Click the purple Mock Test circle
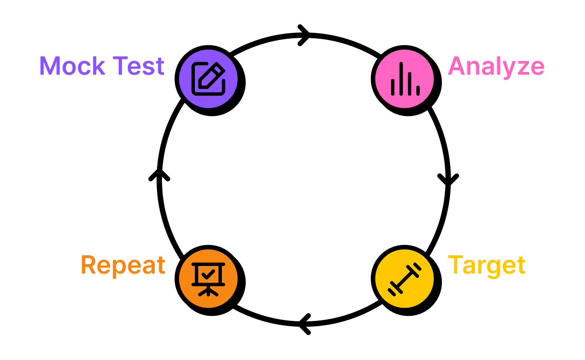point(208,78)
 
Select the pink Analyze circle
point(405,78)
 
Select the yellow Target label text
point(486,266)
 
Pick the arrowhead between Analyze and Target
point(448,180)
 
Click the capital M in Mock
point(50,66)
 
